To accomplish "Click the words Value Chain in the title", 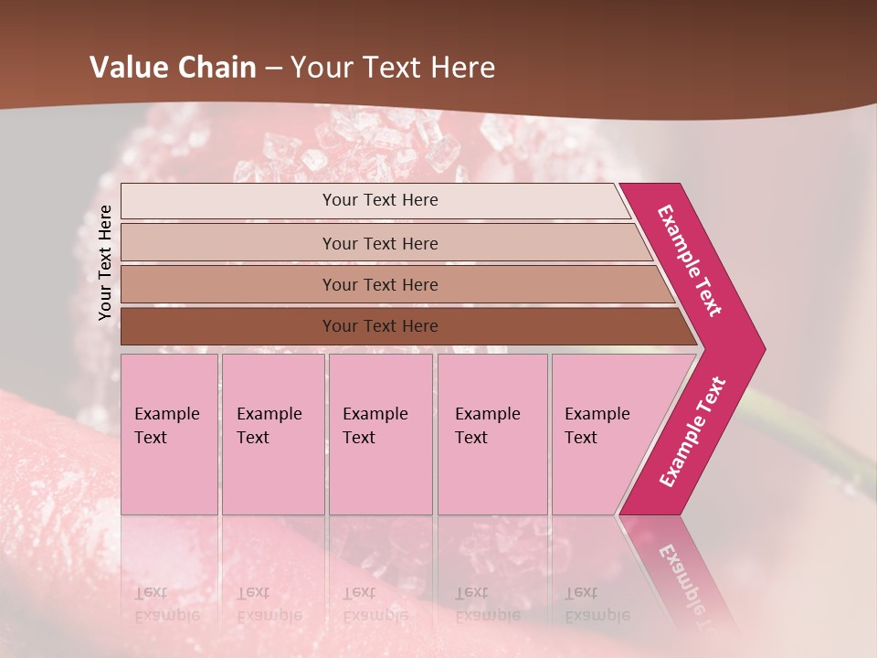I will click(173, 68).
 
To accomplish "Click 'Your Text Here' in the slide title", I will click(393, 68).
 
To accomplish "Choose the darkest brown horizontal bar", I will click(228, 326).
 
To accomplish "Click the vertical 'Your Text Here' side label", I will click(105, 262).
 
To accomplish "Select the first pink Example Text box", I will click(169, 434).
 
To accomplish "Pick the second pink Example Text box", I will click(272, 434).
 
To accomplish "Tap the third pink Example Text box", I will click(380, 434).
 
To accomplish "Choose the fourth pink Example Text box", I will click(491, 434).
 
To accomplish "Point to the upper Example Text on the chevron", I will click(691, 260).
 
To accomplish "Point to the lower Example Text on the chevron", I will click(692, 431).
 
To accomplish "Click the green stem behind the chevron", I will click(804, 448).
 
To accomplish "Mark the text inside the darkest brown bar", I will click(380, 326).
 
